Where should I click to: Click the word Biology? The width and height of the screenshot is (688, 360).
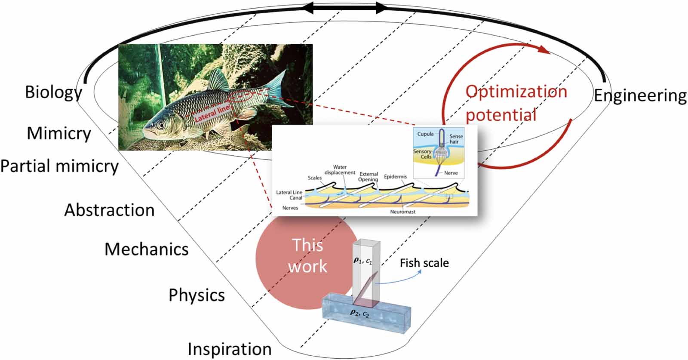53,92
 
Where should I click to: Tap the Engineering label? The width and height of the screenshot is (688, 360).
640,96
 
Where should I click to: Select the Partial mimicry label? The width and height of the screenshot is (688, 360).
59,166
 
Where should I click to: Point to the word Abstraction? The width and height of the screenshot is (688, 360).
109,210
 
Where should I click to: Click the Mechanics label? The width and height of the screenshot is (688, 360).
147,249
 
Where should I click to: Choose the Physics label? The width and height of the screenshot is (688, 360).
197,295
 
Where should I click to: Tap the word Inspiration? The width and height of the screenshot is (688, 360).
230,349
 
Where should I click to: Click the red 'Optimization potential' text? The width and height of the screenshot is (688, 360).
516,103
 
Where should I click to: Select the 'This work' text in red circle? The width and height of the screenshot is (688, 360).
307,256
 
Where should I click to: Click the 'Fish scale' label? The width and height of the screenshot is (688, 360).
424,263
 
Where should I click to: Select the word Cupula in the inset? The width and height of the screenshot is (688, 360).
425,134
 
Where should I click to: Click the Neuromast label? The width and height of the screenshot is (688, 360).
402,212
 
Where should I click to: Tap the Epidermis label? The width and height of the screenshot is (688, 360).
395,177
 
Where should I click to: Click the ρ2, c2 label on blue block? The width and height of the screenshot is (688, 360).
360,314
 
